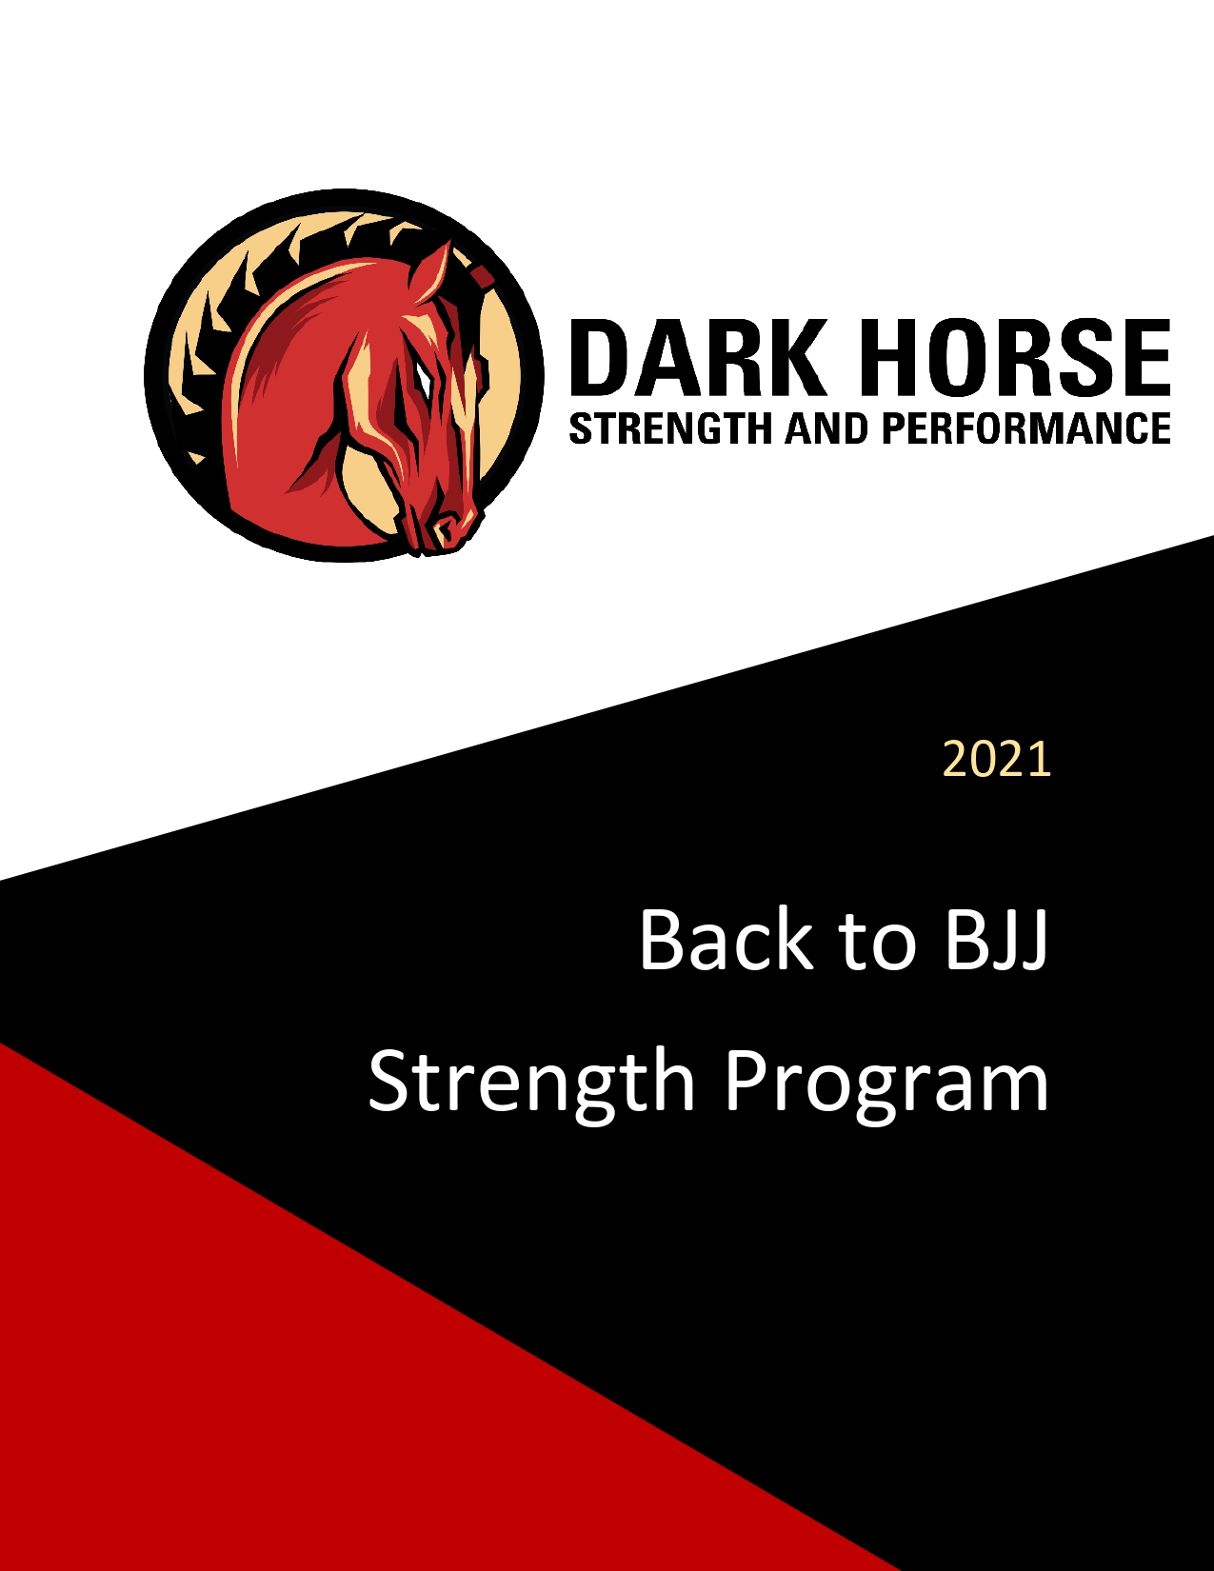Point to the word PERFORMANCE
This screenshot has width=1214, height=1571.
coord(1025,428)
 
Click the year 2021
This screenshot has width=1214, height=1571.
coord(997,760)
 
